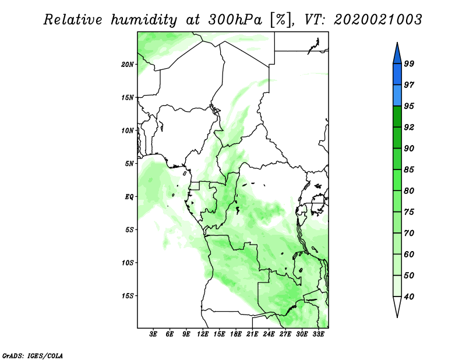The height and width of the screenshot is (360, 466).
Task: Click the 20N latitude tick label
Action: point(128,65)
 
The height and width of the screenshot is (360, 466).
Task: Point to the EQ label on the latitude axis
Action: point(129,197)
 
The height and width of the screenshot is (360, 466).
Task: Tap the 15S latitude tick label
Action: point(128,296)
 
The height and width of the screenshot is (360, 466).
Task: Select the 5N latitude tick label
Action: point(129,164)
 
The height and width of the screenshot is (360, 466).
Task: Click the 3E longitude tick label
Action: point(153,334)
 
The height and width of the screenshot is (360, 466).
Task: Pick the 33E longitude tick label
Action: point(318,334)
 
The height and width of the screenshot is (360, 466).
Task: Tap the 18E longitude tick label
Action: point(236,334)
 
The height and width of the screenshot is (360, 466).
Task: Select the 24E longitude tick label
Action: point(269,334)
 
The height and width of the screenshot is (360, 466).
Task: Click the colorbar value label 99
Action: point(409,63)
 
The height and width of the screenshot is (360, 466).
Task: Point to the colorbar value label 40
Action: point(409,297)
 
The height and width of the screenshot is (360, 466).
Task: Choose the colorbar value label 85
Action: point(409,170)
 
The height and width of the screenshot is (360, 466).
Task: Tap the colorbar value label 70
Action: point(409,233)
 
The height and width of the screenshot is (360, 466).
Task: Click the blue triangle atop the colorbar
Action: point(397,54)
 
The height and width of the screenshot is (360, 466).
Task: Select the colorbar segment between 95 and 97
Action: point(397,96)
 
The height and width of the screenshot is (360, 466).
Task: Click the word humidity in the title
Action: point(144,20)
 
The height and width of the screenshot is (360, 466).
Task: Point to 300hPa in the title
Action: point(235,20)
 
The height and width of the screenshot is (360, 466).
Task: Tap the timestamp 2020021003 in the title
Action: point(378,20)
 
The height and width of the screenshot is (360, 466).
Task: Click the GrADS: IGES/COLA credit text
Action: point(33,356)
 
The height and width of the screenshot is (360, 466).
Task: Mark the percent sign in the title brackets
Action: point(281,20)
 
